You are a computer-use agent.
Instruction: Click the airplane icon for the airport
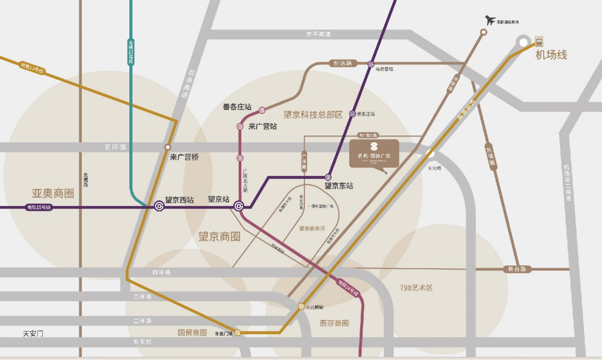point(491,20)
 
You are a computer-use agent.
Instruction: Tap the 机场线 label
point(551,55)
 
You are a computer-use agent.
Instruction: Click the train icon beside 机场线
point(539,41)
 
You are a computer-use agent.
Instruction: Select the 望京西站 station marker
point(159,207)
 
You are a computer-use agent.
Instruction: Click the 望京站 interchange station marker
point(239,207)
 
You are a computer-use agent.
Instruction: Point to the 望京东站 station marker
point(328,177)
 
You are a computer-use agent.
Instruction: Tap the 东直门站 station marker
point(238,333)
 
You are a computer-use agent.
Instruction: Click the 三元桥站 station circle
point(301,306)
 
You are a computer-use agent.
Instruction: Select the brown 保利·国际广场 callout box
point(374,153)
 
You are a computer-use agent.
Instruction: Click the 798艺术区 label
point(416,288)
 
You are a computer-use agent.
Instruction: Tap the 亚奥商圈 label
point(53,193)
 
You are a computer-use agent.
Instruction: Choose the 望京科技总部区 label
point(313,114)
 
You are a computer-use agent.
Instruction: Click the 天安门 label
point(33,333)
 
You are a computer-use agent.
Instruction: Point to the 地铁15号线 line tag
point(39,207)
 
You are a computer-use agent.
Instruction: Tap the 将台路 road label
point(517,269)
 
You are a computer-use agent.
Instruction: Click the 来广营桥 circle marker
point(167,147)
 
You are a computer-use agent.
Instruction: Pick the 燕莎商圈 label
point(334,323)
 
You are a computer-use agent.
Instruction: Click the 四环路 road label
point(162,273)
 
